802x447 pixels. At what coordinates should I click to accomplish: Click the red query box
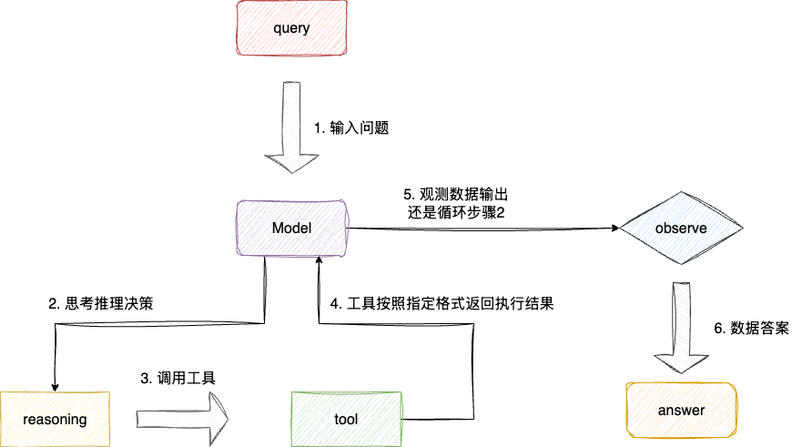pos(291,28)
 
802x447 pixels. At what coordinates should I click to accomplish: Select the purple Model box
pos(291,228)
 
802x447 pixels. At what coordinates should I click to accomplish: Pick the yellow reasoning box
pos(55,419)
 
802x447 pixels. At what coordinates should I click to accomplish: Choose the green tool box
pos(346,419)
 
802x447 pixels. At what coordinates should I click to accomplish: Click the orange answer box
pos(680,410)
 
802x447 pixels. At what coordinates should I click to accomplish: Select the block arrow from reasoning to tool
pos(182,419)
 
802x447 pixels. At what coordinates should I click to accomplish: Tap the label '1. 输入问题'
pos(351,128)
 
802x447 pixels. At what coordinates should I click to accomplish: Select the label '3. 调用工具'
pos(178,377)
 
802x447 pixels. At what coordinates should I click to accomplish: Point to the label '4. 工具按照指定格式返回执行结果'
pos(442,303)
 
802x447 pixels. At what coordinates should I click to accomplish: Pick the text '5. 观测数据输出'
pos(455,195)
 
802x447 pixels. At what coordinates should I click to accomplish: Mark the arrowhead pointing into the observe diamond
pos(612,229)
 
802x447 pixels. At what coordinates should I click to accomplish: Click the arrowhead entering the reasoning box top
pos(56,385)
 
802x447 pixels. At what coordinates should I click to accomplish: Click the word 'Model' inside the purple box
pos(291,228)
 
